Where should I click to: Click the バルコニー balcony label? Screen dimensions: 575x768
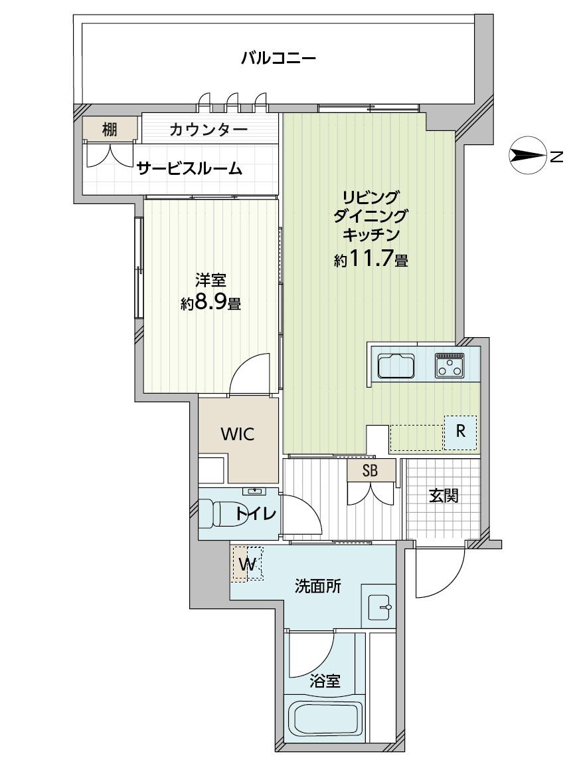(279, 59)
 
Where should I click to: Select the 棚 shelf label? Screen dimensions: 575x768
(110, 129)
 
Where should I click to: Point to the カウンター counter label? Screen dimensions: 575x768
(208, 130)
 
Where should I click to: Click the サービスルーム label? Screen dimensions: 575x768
(189, 169)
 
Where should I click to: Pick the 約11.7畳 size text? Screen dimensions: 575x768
(371, 259)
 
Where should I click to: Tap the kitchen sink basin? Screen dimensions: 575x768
(396, 366)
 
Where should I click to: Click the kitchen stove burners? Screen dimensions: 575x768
(450, 366)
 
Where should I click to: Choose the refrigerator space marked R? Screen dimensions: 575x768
(460, 432)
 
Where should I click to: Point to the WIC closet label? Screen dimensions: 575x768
(238, 434)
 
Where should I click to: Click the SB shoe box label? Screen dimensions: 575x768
(370, 471)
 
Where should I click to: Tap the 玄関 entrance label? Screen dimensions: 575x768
(444, 496)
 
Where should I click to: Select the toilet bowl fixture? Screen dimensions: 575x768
(216, 513)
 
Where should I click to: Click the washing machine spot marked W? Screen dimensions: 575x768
(248, 564)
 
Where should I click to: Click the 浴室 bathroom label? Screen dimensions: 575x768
(325, 681)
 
